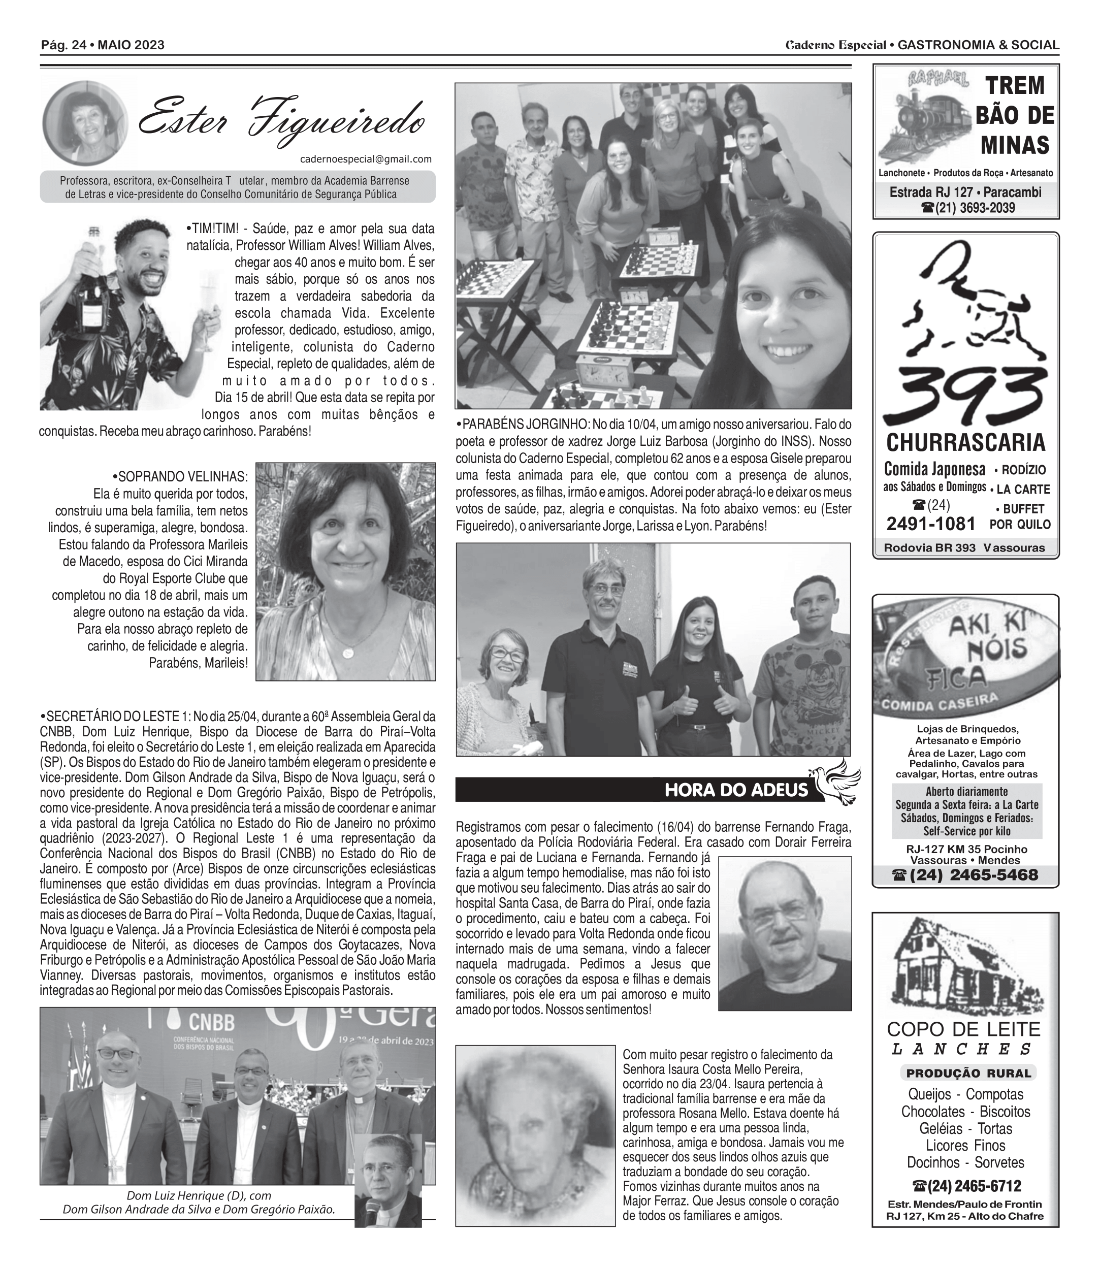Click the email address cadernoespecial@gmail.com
[x=366, y=159]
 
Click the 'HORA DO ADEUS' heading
[x=736, y=790]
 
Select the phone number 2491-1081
[x=930, y=524]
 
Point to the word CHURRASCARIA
[x=965, y=442]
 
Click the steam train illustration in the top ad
[x=924, y=119]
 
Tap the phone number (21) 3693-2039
[x=968, y=208]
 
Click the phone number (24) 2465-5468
[x=965, y=875]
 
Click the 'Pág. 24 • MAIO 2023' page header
[x=103, y=45]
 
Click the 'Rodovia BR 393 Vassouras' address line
[x=964, y=548]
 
